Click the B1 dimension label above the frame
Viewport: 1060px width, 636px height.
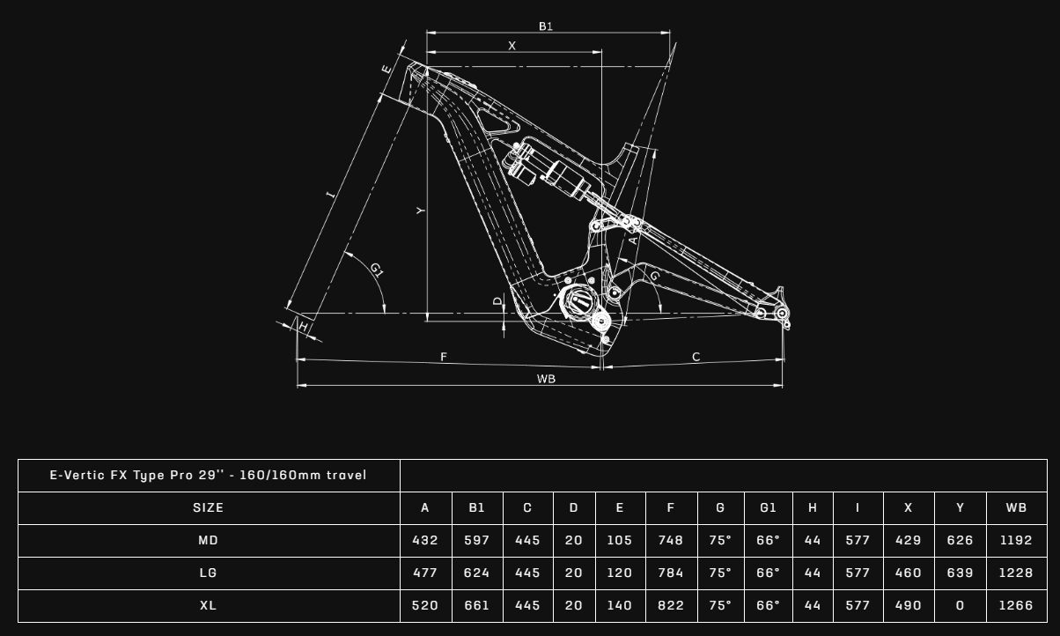(x=546, y=26)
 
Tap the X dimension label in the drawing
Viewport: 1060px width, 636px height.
(x=512, y=46)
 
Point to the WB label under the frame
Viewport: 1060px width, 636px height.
(x=546, y=379)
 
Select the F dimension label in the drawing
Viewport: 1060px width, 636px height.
(x=444, y=357)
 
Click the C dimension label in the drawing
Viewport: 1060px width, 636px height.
(x=696, y=357)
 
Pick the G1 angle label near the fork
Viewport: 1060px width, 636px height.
(x=377, y=270)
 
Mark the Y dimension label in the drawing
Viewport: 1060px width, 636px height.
(x=421, y=211)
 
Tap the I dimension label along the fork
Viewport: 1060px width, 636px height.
(x=331, y=194)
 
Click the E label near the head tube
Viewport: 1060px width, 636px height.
(x=386, y=69)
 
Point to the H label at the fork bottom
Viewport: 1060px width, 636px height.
(x=304, y=327)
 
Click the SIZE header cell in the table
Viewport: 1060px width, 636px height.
(x=209, y=508)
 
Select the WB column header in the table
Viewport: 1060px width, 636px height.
(x=1016, y=508)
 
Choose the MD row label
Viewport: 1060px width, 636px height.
(x=209, y=541)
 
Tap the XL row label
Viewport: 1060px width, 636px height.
(x=209, y=606)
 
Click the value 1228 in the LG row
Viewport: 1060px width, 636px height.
(x=1016, y=573)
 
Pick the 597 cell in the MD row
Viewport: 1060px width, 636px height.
(x=476, y=541)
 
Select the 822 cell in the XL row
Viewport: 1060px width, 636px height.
(x=670, y=606)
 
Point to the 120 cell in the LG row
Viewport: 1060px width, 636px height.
(x=619, y=573)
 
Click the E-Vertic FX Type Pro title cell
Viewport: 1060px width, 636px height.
(x=209, y=476)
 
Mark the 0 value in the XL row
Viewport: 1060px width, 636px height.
(x=960, y=606)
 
